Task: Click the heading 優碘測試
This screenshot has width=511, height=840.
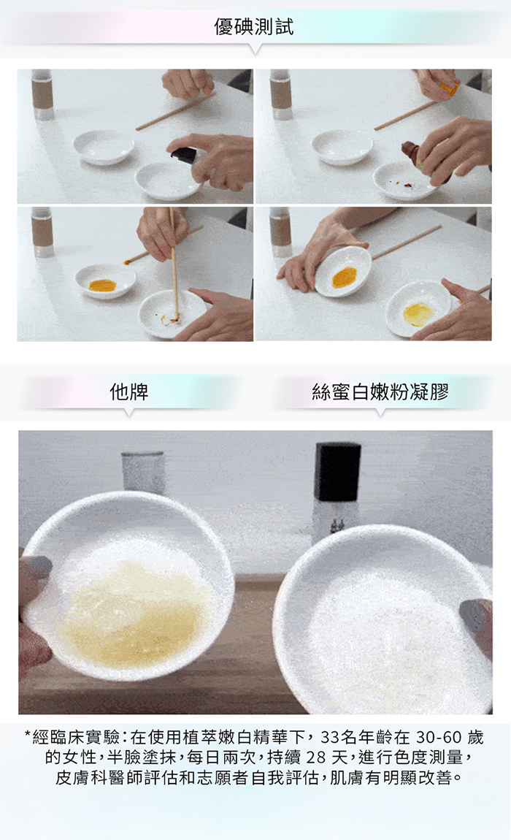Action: pyautogui.click(x=254, y=26)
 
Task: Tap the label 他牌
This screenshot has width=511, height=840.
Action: pyautogui.click(x=128, y=392)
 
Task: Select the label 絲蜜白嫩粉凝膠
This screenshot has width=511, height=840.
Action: pyautogui.click(x=380, y=392)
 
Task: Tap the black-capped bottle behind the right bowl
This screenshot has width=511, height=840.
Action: pyautogui.click(x=337, y=487)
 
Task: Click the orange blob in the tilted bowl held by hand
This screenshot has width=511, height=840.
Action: pyautogui.click(x=341, y=277)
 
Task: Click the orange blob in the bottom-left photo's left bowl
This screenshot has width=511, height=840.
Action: pyautogui.click(x=102, y=285)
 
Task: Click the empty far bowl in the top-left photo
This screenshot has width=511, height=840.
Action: pyautogui.click(x=104, y=146)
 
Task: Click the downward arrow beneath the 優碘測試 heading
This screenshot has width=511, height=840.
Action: pyautogui.click(x=255, y=49)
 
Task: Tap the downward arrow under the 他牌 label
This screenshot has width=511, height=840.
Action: pyautogui.click(x=128, y=413)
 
